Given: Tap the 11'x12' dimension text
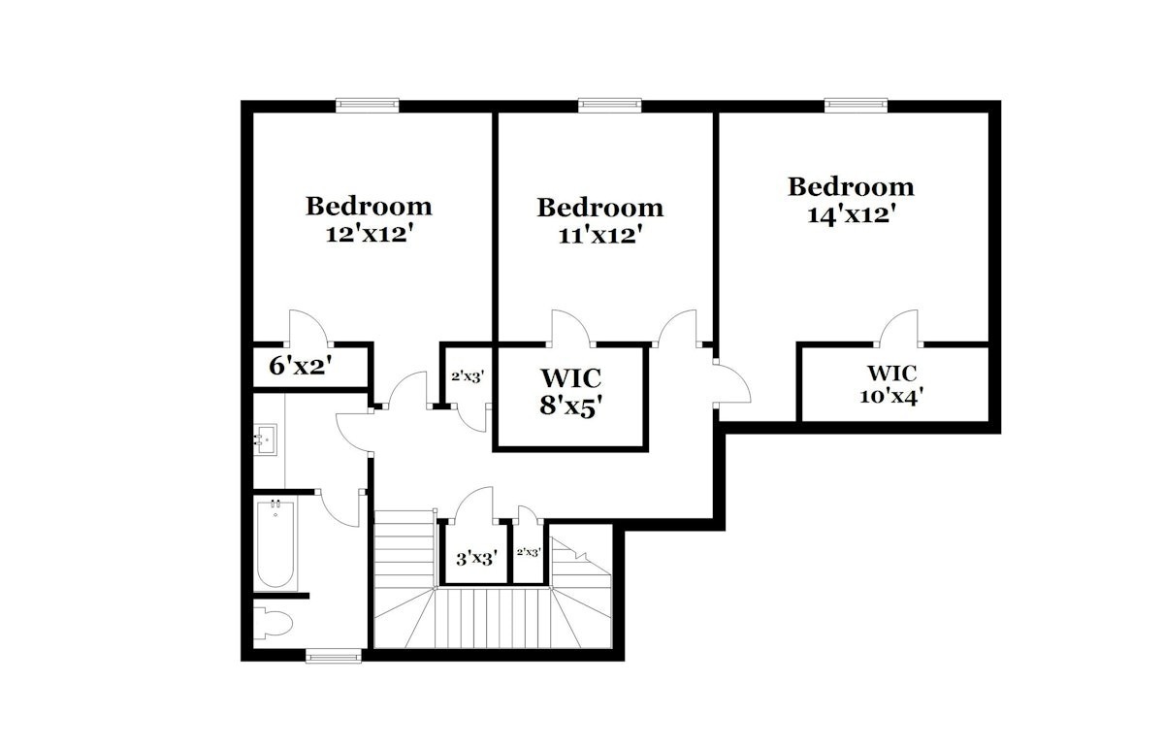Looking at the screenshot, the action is pyautogui.click(x=598, y=236).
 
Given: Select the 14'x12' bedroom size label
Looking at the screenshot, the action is pyautogui.click(x=852, y=214).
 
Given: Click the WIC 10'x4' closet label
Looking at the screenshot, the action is pyautogui.click(x=891, y=384).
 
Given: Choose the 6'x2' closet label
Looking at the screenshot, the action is pyautogui.click(x=300, y=367).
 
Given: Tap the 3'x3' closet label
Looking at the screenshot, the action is pyautogui.click(x=476, y=559).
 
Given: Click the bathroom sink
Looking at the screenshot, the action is pyautogui.click(x=265, y=439).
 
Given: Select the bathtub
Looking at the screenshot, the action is pyautogui.click(x=275, y=543).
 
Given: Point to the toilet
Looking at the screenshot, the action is pyautogui.click(x=274, y=623).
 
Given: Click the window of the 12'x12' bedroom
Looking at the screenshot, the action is pyautogui.click(x=368, y=106).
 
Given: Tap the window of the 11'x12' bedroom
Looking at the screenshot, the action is pyautogui.click(x=609, y=106).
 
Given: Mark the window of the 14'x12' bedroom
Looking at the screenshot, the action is pyautogui.click(x=856, y=106).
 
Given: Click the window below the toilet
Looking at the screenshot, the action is pyautogui.click(x=334, y=656).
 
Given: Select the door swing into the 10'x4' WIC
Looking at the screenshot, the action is pyautogui.click(x=898, y=329).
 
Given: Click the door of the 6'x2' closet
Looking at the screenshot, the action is pyautogui.click(x=308, y=329).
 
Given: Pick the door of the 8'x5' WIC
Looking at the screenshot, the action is pyautogui.click(x=571, y=329).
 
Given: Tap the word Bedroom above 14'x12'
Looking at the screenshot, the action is pyautogui.click(x=851, y=187).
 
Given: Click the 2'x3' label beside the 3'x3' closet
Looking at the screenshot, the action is pyautogui.click(x=529, y=552).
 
